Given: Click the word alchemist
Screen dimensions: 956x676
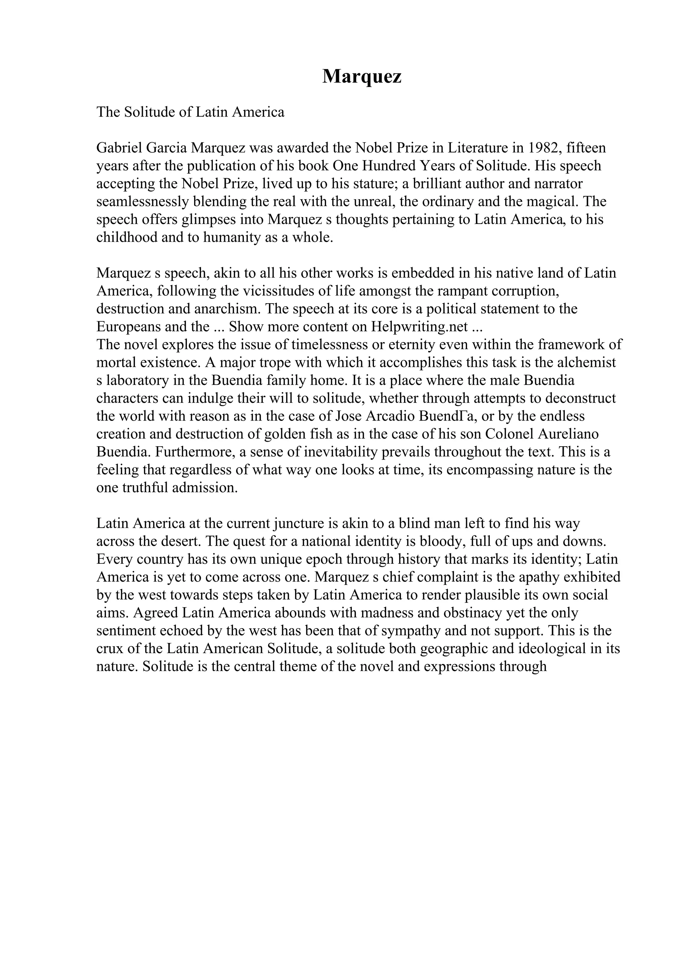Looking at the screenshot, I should click(587, 363).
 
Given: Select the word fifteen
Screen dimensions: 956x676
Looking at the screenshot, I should click(586, 148).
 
